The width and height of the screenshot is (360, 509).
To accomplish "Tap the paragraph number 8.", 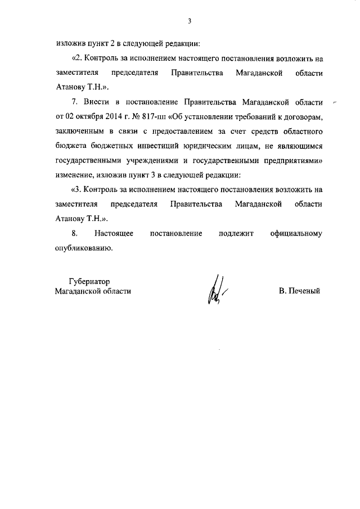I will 75,233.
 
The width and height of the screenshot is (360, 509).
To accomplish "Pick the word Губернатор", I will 89,281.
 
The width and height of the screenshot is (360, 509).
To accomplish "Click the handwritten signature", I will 216,291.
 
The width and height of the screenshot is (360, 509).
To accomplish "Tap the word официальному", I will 295,233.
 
